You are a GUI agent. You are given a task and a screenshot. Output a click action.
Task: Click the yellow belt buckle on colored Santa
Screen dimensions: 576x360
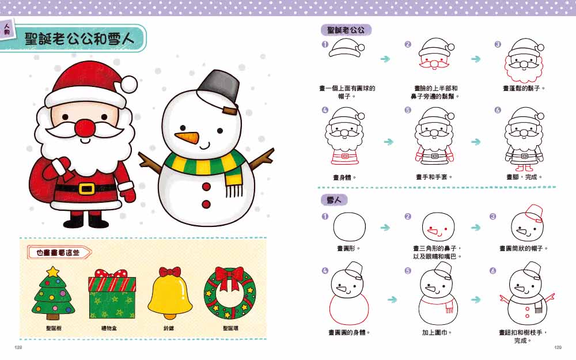(87, 188)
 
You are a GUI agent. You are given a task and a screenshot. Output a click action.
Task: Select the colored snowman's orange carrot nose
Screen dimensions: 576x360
(187, 138)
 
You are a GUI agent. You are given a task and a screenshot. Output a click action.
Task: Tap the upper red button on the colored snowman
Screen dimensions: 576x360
(206, 187)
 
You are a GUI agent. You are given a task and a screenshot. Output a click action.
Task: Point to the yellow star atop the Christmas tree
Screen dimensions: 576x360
(53, 272)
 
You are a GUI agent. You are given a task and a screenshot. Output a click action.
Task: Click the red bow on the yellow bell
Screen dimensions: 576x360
(170, 272)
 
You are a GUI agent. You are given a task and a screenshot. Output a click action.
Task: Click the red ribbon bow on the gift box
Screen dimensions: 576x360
(111, 274)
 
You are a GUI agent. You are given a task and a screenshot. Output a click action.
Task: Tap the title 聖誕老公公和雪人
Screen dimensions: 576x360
(79, 39)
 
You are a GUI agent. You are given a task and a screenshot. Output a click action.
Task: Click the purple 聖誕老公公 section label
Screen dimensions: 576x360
(346, 30)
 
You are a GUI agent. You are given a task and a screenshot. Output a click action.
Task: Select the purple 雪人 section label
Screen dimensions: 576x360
(334, 200)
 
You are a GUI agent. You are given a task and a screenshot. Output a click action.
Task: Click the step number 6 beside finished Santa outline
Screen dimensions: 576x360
(498, 110)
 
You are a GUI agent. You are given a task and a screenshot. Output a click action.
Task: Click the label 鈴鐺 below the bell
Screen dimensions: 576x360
(169, 328)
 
